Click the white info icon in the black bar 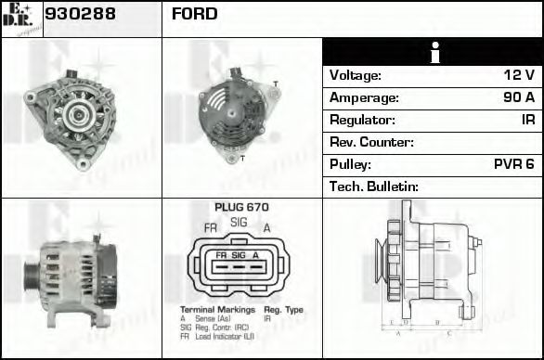433,53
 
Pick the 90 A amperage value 517,97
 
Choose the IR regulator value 527,120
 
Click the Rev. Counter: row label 371,142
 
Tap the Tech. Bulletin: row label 374,186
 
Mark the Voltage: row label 356,75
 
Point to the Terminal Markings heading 213,309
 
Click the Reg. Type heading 283,309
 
